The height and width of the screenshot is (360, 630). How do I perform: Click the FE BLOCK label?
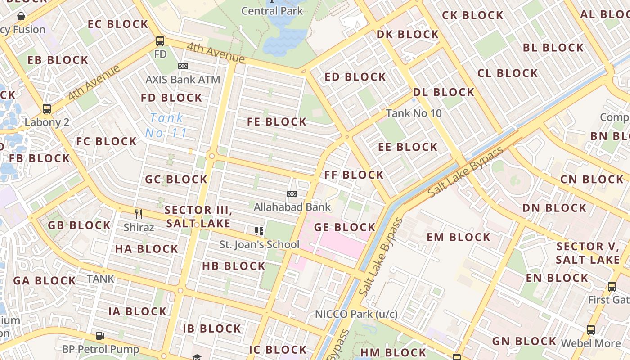pos(277,122)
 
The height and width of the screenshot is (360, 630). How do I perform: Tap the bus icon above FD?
pos(160,41)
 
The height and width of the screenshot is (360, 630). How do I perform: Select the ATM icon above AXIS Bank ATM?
pos(183,66)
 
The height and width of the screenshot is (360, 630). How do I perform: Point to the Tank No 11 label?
pos(166,126)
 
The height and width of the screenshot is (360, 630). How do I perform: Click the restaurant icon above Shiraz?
pos(139,214)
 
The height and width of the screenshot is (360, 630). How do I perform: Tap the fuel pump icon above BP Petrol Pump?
pos(100,335)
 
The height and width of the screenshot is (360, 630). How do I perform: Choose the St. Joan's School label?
pos(259,244)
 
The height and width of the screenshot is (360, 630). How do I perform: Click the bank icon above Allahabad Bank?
pos(292,194)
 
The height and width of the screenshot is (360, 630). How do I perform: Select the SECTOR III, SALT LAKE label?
pos(198,216)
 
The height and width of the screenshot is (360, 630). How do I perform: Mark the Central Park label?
pos(272,11)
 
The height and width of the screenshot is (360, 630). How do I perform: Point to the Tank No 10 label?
pos(414,113)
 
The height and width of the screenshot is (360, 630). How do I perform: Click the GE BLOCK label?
pos(345,227)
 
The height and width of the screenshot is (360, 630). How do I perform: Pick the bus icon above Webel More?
pos(591,330)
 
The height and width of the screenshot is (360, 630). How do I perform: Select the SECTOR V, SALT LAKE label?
pos(588,253)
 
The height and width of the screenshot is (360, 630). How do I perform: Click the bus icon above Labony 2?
pos(47,109)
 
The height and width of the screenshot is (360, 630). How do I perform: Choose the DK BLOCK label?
pos(407,35)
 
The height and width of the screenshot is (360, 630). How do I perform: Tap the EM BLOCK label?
pos(458,237)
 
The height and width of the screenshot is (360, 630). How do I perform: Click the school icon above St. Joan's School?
pos(259,231)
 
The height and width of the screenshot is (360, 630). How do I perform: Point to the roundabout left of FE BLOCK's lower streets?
pos(211,156)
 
